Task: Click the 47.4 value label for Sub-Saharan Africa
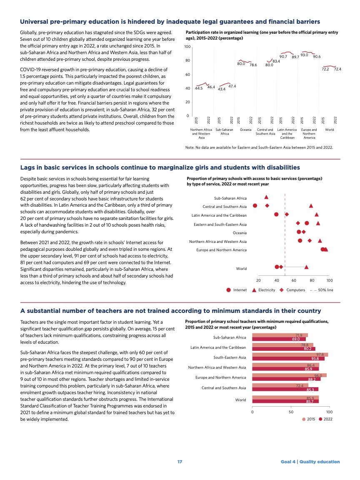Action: [x=232, y=86]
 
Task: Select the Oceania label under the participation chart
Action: [x=245, y=130]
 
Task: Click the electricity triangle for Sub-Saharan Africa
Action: [x=266, y=196]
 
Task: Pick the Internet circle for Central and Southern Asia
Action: [x=255, y=205]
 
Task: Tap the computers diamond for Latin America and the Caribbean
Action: [x=287, y=214]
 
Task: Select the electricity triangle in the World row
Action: [x=307, y=267]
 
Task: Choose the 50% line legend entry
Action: [x=321, y=290]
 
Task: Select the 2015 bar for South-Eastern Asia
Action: [x=290, y=355]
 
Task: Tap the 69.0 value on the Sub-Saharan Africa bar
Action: [x=296, y=339]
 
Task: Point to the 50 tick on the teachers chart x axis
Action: [x=290, y=411]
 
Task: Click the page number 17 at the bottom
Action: [x=180, y=462]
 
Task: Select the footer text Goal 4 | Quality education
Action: [x=310, y=462]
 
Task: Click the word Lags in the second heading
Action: [x=27, y=167]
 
